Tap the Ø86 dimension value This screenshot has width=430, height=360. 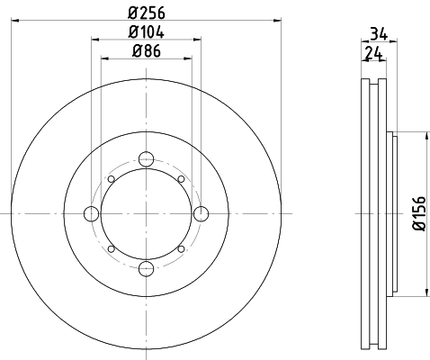[145, 51]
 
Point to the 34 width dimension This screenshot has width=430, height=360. [380, 36]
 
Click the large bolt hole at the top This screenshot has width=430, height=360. [145, 161]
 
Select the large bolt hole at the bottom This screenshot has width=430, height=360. [145, 266]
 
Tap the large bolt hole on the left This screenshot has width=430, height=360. [92, 213]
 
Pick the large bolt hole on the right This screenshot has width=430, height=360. [200, 213]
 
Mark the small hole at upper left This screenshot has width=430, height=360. [111, 179]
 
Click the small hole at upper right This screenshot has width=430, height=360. [181, 179]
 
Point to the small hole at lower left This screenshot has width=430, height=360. [111, 248]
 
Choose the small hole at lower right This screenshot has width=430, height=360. [181, 248]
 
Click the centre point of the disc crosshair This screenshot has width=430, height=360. [145, 213]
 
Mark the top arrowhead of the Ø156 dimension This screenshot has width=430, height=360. [424, 134]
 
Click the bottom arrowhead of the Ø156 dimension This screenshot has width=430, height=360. [424, 293]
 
